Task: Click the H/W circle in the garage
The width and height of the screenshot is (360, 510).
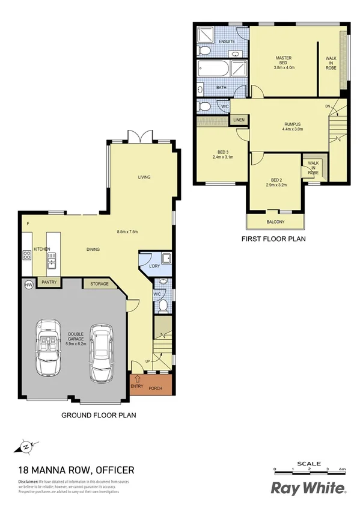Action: pos(28,284)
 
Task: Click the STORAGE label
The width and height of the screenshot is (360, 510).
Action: pos(99,283)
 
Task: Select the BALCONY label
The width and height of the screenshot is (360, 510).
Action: pos(275,223)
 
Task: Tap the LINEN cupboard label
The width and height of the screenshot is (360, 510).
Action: pos(239,120)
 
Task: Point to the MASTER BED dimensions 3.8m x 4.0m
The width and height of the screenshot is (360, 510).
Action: pos(283,67)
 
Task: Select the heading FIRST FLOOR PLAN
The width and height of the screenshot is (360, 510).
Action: pos(273,239)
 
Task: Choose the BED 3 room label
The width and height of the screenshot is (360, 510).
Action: pos(222,152)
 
